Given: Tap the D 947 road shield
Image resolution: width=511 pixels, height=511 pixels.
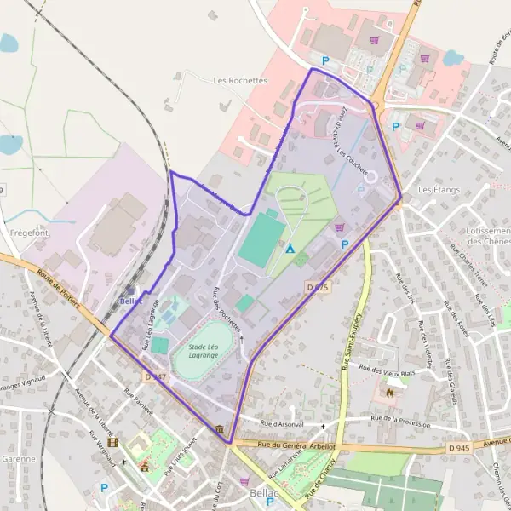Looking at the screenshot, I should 154,376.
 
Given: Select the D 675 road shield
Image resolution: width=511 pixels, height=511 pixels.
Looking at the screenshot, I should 316,288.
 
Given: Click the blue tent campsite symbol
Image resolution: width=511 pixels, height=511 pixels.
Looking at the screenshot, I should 290,249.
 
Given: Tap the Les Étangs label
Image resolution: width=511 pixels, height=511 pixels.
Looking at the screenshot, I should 439,189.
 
